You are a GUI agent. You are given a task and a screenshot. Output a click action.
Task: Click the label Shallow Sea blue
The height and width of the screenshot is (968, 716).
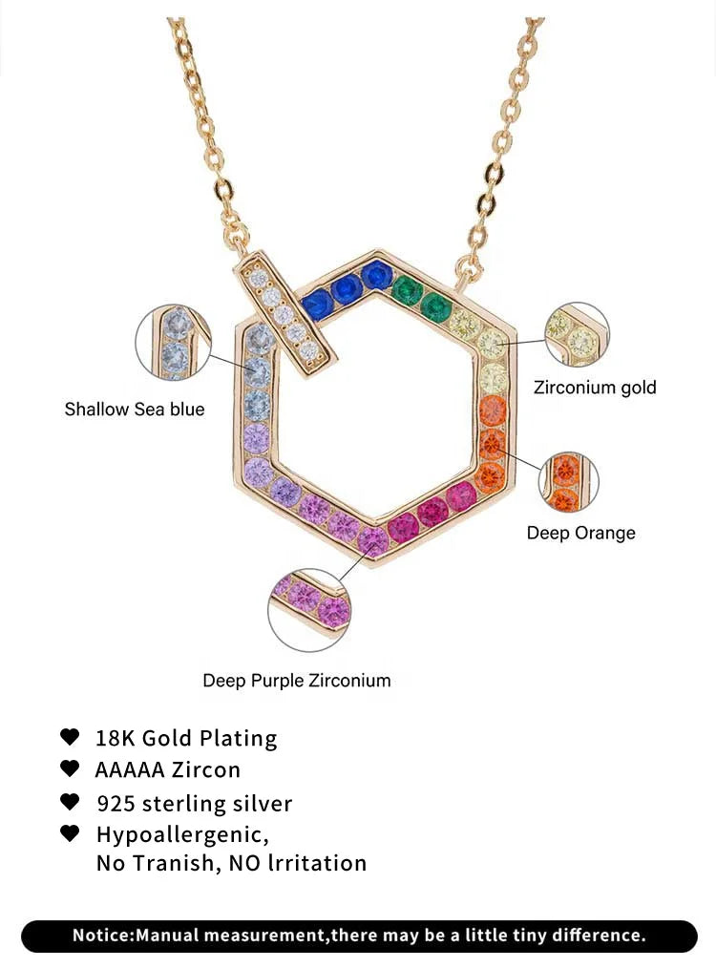click(x=135, y=410)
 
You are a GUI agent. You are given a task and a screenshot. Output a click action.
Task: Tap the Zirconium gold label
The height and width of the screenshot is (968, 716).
click(x=595, y=388)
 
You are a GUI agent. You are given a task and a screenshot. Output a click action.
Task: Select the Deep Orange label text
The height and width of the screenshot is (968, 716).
click(x=580, y=533)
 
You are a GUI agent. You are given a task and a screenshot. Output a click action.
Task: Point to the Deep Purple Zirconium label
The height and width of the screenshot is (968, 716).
click(x=297, y=681)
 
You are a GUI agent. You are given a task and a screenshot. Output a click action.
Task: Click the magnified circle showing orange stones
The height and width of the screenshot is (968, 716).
click(x=569, y=482)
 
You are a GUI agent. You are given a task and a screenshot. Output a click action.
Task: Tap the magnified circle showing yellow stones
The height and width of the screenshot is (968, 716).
click(x=577, y=335)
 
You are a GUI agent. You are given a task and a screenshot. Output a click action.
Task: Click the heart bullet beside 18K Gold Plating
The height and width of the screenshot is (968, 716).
click(x=70, y=737)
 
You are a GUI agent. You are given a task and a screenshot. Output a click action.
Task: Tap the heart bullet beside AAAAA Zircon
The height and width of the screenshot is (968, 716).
click(x=70, y=768)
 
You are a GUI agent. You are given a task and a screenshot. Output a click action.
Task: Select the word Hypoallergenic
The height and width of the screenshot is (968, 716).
click(x=182, y=834)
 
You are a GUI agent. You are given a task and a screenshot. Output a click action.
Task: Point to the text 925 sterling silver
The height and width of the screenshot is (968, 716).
click(x=195, y=804)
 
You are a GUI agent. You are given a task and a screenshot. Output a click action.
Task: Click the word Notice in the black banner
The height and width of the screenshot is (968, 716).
click(x=103, y=936)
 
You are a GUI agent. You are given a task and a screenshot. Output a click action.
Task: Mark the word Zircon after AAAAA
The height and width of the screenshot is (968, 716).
click(x=207, y=769)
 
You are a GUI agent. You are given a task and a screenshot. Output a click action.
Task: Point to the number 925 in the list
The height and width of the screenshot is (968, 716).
click(x=116, y=804)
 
